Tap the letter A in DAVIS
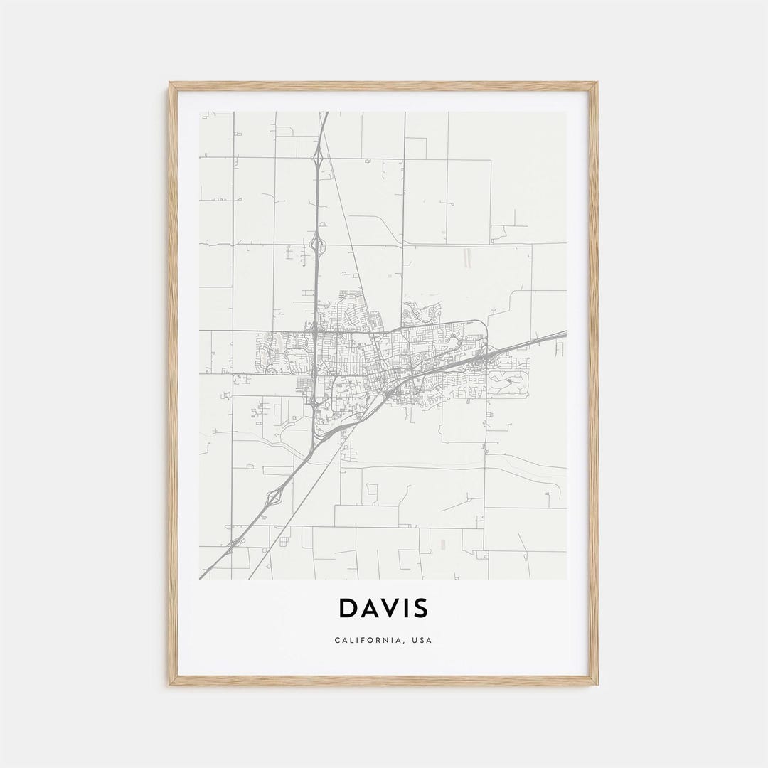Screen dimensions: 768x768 (x=368, y=609)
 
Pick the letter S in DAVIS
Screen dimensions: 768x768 (x=420, y=609)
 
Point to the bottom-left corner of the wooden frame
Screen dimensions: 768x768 (x=171, y=684)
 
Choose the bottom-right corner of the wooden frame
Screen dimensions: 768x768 (x=597, y=684)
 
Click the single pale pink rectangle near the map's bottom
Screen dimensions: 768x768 (x=443, y=544)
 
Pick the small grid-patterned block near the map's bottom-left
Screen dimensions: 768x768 (x=284, y=542)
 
